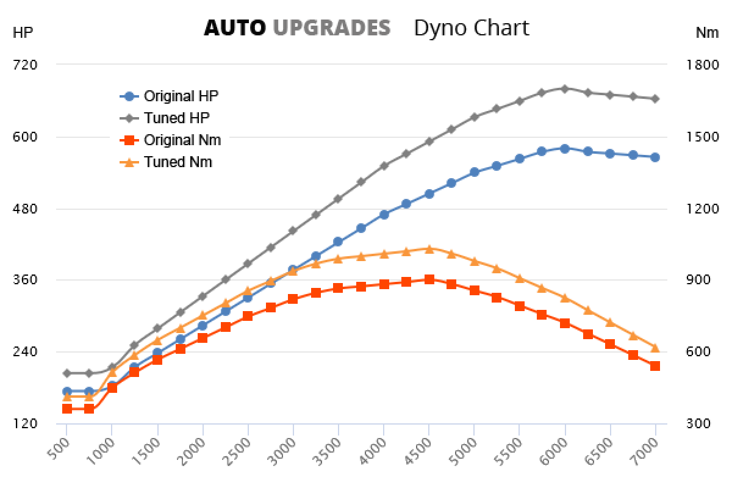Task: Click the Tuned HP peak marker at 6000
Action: pos(565,88)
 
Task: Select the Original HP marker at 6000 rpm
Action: pos(565,148)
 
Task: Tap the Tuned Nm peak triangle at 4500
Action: pos(429,249)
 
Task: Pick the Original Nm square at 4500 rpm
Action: pos(429,279)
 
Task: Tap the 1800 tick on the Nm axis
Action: pos(705,65)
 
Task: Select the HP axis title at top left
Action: pos(23,33)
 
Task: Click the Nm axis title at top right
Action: pos(707,33)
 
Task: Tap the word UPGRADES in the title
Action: pos(331,28)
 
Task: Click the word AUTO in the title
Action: pos(235,28)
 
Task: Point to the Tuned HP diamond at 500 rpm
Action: pos(67,373)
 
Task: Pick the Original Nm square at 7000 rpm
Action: pos(655,366)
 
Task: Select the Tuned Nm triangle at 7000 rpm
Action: pos(655,348)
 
